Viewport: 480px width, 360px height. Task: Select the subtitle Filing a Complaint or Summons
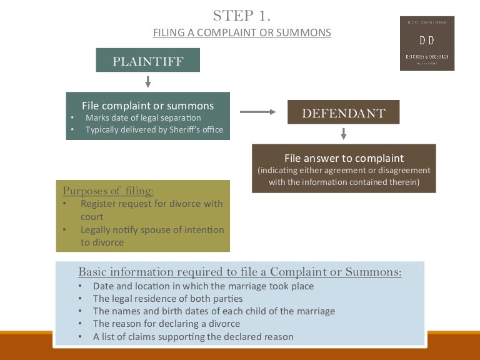[242, 32]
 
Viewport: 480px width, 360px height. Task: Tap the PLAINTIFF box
[147, 61]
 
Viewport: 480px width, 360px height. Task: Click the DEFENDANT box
[343, 113]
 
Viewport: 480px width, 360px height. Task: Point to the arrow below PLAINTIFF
[148, 81]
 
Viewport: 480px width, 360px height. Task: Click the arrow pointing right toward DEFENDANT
[257, 112]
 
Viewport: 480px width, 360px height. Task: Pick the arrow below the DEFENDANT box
[343, 133]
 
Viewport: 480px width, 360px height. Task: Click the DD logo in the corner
[427, 42]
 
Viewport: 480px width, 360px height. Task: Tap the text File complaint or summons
[147, 106]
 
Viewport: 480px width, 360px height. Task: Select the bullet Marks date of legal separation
[143, 117]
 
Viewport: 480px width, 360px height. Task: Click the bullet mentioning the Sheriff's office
[154, 130]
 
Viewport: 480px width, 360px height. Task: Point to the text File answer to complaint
[344, 158]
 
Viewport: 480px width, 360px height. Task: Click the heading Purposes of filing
[108, 190]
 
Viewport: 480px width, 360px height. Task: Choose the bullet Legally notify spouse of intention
[152, 236]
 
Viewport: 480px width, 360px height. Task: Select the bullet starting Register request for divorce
[151, 209]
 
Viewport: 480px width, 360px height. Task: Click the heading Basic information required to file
[239, 272]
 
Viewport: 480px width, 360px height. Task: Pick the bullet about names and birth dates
[214, 311]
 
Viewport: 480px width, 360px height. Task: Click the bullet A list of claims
[193, 337]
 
